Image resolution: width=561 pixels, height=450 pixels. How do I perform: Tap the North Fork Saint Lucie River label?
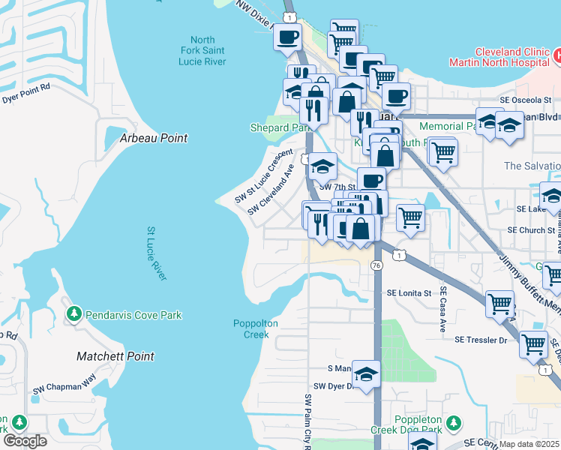202,51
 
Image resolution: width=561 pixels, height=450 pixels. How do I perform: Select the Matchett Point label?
115,356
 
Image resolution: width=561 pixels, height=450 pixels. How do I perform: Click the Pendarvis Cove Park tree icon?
74,314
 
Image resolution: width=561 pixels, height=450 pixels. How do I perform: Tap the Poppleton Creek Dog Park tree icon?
452,424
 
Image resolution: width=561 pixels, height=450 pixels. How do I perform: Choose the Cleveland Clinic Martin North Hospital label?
498,57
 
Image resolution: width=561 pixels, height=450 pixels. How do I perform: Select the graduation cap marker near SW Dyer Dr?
365,376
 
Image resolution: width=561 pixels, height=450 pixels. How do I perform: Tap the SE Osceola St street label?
529,100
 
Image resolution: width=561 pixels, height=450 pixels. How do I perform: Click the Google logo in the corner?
25,441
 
